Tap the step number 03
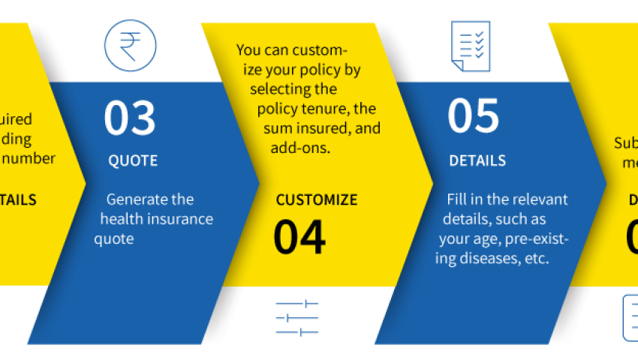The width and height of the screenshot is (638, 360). click(130, 118)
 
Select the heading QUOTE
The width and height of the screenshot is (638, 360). click(133, 160)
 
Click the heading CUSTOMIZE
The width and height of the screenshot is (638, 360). click(317, 200)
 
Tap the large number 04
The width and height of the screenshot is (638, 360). click(299, 236)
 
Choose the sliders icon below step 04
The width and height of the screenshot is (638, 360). click(297, 317)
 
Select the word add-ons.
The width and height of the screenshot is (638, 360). click(301, 148)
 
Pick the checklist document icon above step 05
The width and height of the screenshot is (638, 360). click(471, 46)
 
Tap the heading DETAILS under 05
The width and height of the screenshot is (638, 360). click(477, 161)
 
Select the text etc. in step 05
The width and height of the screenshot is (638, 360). click(537, 259)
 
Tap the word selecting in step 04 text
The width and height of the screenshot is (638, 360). click(283, 90)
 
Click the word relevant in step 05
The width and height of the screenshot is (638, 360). click(539, 199)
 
